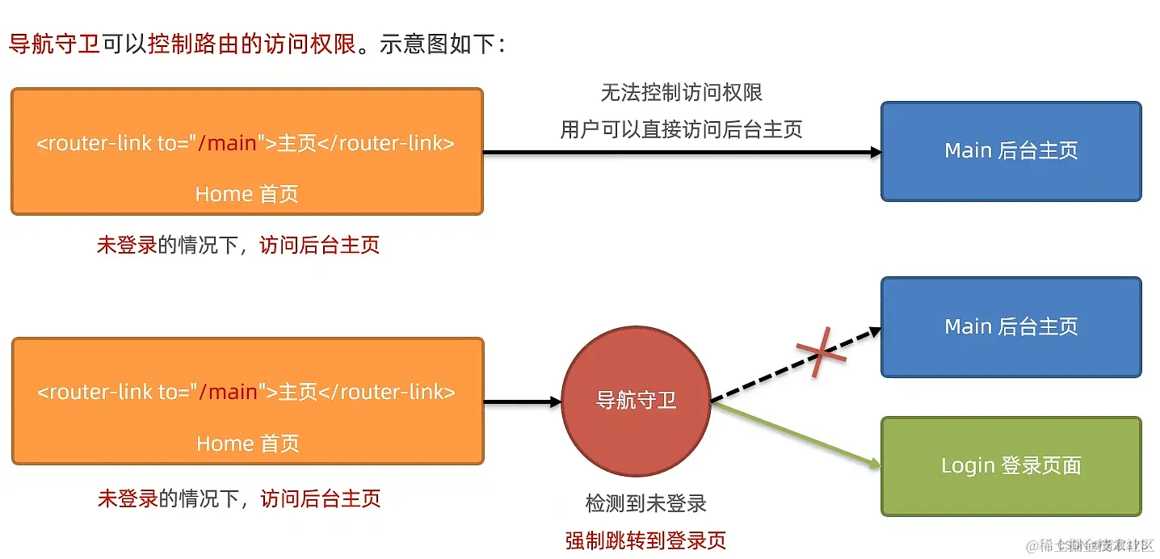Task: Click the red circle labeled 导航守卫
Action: (x=636, y=401)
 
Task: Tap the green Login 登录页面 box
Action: (x=1011, y=466)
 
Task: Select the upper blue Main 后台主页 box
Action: (x=1011, y=151)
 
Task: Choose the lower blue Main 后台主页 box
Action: (x=1011, y=327)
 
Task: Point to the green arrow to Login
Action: (x=796, y=434)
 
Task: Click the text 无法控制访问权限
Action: (x=681, y=93)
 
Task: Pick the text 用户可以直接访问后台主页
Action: (x=681, y=129)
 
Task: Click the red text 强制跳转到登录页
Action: (x=645, y=540)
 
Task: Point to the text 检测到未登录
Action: (x=645, y=504)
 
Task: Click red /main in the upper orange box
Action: (x=228, y=144)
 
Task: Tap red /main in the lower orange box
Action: (x=229, y=393)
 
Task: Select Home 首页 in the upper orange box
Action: (x=246, y=195)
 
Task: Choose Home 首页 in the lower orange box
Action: (x=247, y=443)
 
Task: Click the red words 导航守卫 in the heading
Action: (x=54, y=44)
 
